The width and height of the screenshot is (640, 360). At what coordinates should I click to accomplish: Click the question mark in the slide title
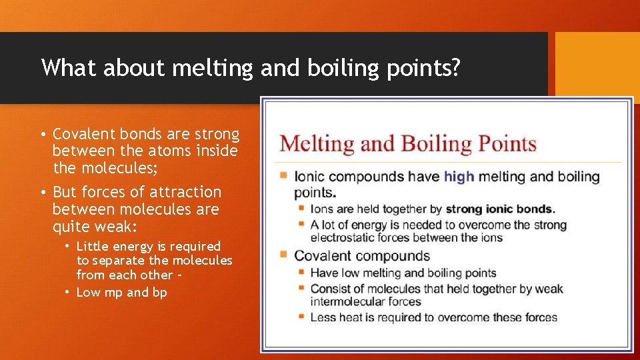click(455, 68)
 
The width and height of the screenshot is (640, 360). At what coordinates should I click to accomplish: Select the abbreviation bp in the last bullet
click(159, 292)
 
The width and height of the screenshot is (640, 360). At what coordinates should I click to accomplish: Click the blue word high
click(459, 177)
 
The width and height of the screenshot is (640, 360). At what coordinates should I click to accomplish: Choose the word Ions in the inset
click(322, 209)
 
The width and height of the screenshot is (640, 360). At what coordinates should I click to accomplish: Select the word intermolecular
click(347, 301)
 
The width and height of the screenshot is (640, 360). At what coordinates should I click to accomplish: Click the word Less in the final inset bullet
click(323, 317)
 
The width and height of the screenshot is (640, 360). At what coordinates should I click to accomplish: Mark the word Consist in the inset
click(331, 289)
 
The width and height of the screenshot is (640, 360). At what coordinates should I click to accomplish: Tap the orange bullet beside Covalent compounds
click(284, 255)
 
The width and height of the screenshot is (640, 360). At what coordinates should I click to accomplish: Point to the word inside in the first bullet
click(217, 151)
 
